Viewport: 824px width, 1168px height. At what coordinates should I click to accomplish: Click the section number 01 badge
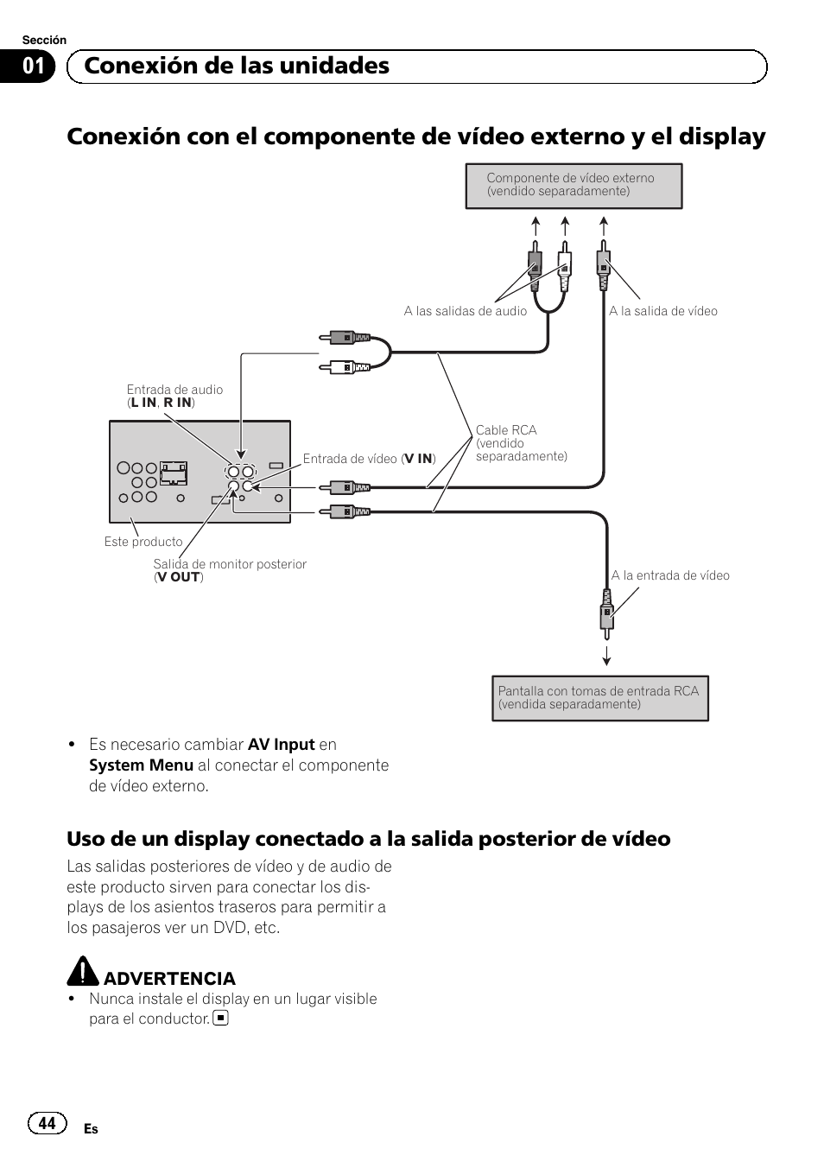[34, 67]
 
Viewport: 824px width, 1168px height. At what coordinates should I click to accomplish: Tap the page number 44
[48, 1122]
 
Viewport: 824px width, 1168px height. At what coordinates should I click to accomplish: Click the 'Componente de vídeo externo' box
[574, 186]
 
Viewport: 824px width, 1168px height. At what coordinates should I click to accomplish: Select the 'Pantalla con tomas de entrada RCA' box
[599, 698]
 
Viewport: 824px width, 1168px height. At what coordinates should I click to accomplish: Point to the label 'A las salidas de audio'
[465, 311]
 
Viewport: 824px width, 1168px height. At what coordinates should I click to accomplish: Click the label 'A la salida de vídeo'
[662, 311]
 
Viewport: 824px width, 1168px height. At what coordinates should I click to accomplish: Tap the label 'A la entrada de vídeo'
[669, 575]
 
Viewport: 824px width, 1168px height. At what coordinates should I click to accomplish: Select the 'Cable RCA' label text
[506, 430]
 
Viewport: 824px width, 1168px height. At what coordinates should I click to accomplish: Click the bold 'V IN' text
[420, 459]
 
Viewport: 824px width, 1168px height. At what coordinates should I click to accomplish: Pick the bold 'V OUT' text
[179, 577]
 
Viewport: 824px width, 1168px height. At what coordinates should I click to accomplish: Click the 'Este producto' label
[143, 542]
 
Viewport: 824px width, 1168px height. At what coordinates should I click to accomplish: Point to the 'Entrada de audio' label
[174, 390]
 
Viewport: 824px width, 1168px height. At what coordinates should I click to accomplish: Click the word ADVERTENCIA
[169, 978]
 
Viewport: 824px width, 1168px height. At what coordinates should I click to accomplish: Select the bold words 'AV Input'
[281, 745]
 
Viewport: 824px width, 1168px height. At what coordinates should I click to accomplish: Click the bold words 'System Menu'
[141, 765]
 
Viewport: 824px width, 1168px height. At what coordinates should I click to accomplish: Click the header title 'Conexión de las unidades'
[237, 66]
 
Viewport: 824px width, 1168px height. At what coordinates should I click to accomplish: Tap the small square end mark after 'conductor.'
[221, 1019]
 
